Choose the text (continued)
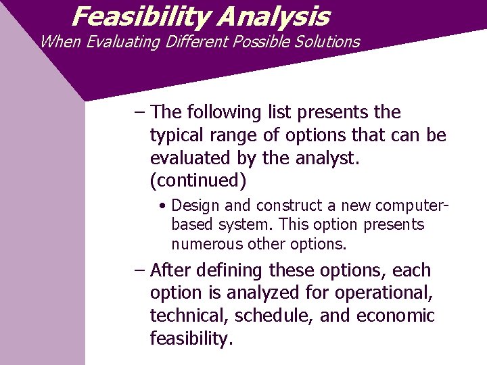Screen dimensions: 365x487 198,182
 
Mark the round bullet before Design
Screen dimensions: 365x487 164,205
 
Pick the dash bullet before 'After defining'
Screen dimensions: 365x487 139,270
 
